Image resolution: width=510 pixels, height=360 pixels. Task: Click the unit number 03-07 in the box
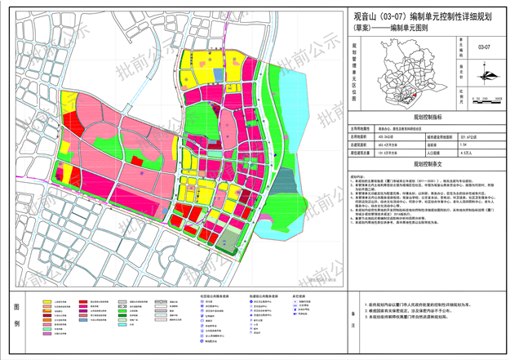[486, 48]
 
